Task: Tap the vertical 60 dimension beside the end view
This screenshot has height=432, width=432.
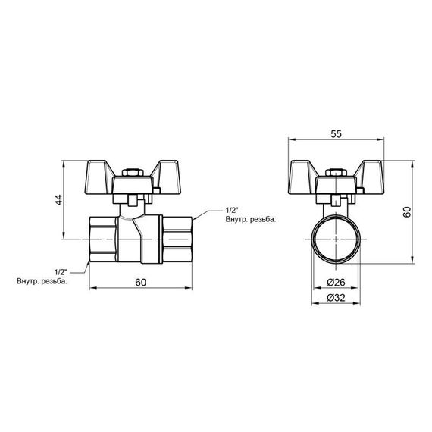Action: pos(408,212)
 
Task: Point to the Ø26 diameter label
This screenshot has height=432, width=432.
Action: pos(336,282)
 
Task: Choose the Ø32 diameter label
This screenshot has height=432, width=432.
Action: pos(336,298)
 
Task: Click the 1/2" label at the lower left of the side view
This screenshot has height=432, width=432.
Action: pos(61,271)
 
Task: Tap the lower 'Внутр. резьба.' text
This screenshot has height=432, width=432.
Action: pos(43,282)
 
